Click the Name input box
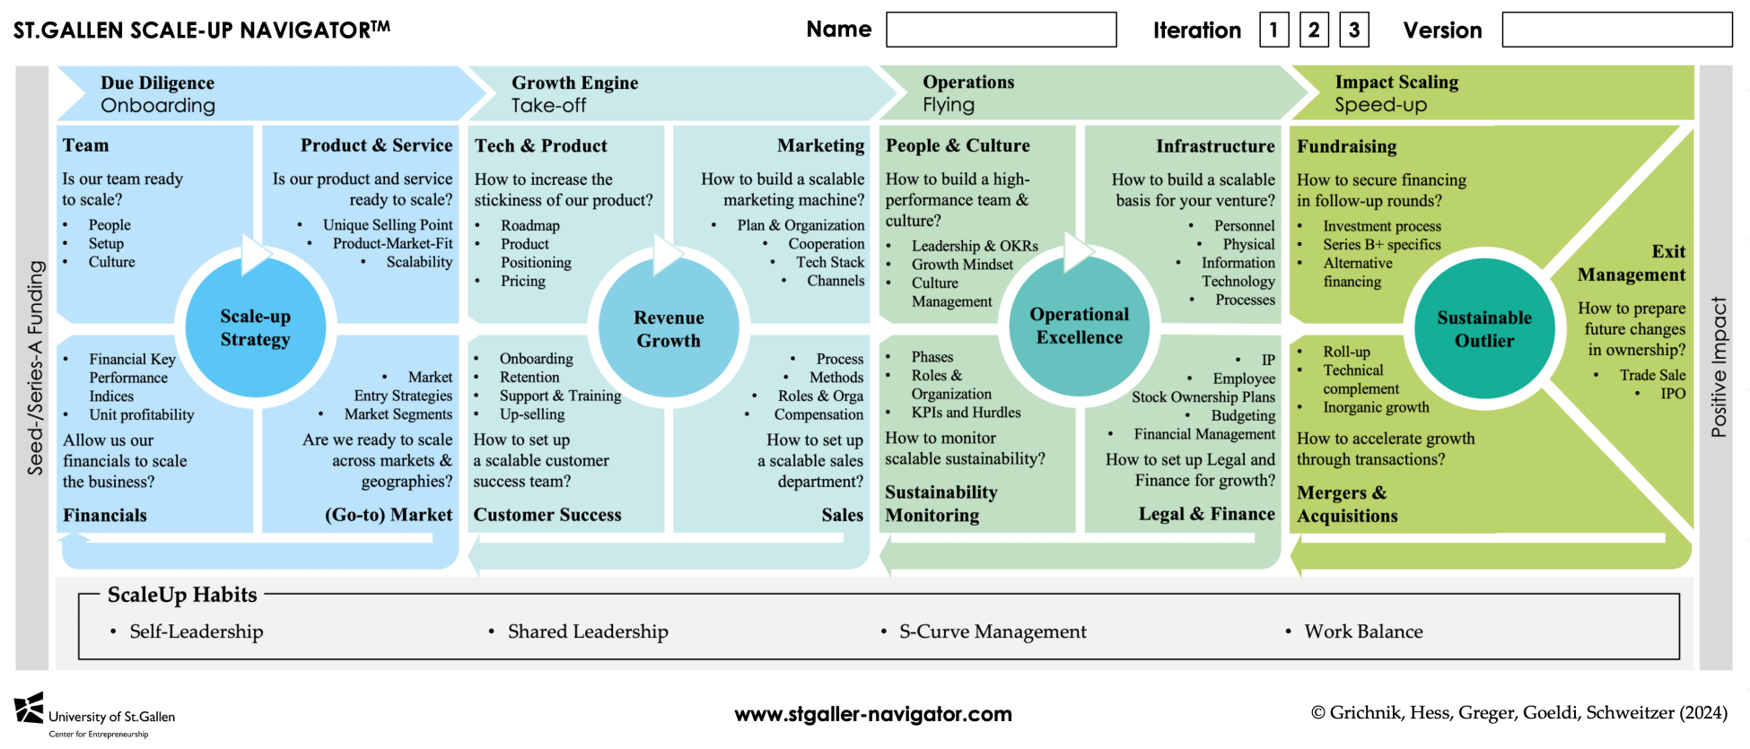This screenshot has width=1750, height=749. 1001,30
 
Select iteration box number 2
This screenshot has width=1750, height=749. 1314,30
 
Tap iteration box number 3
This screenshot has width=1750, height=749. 1354,30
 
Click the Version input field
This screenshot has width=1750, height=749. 1616,30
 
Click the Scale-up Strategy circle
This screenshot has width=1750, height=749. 256,327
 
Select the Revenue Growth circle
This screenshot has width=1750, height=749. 669,329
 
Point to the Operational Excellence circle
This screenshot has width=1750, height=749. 1079,326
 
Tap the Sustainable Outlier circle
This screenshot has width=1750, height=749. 1484,329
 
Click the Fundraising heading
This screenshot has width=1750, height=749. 1346,146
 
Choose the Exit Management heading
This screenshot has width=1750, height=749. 1632,263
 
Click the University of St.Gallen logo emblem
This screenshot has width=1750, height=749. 29,708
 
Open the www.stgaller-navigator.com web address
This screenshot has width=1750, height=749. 873,714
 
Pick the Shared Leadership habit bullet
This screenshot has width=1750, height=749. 588,631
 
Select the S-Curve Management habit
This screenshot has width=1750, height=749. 993,631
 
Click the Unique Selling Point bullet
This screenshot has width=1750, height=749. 388,225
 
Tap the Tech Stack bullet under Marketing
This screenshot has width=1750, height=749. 830,262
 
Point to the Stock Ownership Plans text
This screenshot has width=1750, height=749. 1203,396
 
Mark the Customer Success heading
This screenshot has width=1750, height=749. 547,515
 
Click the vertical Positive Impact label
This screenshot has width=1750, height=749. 1719,368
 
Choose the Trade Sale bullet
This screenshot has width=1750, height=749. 1652,375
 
